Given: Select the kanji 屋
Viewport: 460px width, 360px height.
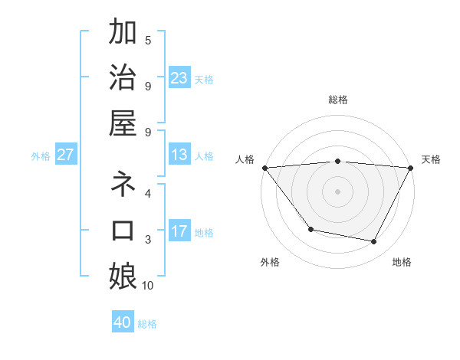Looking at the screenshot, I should pos(123,123).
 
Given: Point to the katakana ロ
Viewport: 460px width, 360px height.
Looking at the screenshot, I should pos(123,231).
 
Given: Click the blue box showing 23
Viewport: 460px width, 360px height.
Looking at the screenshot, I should pos(179,77).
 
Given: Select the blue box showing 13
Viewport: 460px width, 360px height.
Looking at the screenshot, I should pos(179,155).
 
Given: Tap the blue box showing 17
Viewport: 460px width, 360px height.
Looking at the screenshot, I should pos(179,231).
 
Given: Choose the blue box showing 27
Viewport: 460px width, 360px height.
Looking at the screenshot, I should pos(65,155).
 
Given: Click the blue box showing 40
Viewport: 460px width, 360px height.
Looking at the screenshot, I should pos(123,322).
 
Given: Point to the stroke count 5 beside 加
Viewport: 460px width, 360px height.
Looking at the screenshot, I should pos(148,40).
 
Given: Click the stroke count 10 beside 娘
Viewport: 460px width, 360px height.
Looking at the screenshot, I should pos(148,286).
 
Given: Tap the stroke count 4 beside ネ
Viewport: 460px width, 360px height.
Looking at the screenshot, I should pos(148,194).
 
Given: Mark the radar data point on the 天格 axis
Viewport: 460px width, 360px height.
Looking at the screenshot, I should pos(411,168).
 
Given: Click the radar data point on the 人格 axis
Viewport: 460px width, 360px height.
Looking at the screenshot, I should pos(264,168).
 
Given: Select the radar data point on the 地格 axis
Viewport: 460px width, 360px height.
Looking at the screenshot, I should pos(374,242).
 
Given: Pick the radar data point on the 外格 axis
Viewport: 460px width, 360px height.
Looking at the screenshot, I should pos(310,229).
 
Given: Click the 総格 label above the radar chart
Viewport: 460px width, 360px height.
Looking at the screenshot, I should pos(338,100).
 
